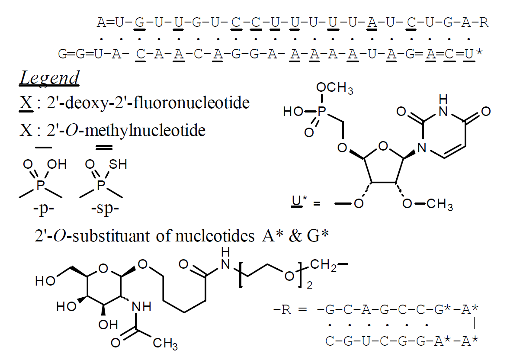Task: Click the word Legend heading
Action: pyautogui.click(x=49, y=78)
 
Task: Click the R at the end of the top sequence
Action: pyautogui.click(x=484, y=23)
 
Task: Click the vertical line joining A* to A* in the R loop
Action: pyautogui.click(x=475, y=324)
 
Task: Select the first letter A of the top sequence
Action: pyautogui.click(x=100, y=23)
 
